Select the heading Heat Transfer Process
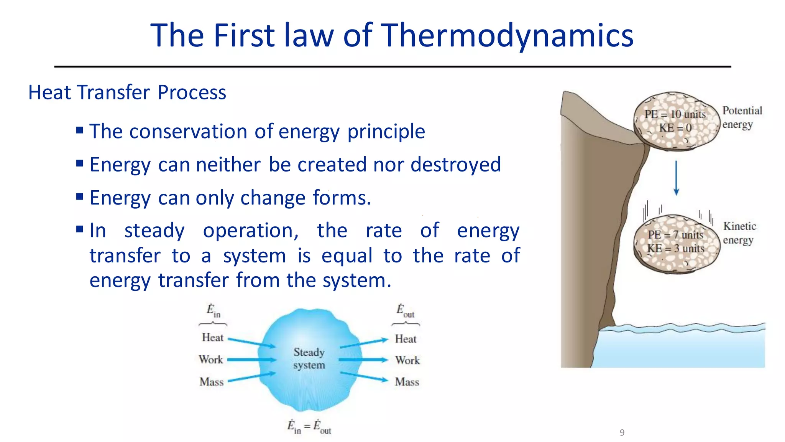pyautogui.click(x=127, y=92)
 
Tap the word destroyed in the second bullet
pyautogui.click(x=455, y=165)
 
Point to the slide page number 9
pyautogui.click(x=622, y=432)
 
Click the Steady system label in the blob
pyautogui.click(x=309, y=358)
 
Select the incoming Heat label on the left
pyautogui.click(x=212, y=338)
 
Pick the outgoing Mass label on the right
pyautogui.click(x=407, y=382)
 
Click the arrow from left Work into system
pyautogui.click(x=252, y=360)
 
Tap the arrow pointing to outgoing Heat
pyautogui.click(x=364, y=343)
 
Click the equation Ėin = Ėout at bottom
pyautogui.click(x=309, y=427)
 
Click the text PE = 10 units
pyautogui.click(x=675, y=114)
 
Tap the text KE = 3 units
pyautogui.click(x=675, y=249)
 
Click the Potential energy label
pyautogui.click(x=742, y=117)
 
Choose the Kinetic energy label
pyautogui.click(x=739, y=233)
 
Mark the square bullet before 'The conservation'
pyautogui.click(x=80, y=130)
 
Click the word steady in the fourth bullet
pyautogui.click(x=154, y=231)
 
